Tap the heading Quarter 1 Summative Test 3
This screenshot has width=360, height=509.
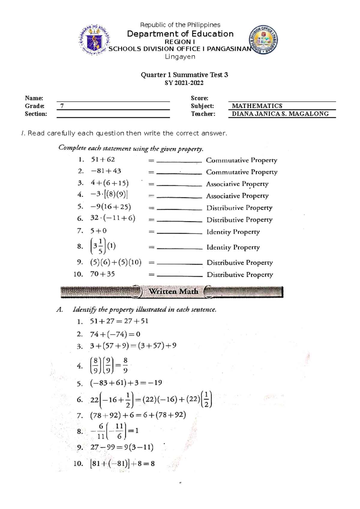point(184,75)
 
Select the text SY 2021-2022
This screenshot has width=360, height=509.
point(184,83)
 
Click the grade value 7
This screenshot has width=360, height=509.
point(62,106)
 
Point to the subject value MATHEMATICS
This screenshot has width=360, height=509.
point(257,106)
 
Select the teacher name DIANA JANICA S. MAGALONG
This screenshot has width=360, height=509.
point(280,114)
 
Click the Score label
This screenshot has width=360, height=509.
point(199,98)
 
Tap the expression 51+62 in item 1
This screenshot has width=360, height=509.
point(103,159)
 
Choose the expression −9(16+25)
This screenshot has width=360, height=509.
point(111,207)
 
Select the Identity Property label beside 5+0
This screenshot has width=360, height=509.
point(233,232)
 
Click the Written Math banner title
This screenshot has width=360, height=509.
point(173,291)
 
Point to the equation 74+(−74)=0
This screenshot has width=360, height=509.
point(115,334)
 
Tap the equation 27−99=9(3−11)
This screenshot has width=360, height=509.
point(121,448)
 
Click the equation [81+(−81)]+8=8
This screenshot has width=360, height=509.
point(122,464)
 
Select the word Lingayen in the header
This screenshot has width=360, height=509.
point(180,57)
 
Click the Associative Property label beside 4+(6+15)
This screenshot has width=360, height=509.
point(237,184)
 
